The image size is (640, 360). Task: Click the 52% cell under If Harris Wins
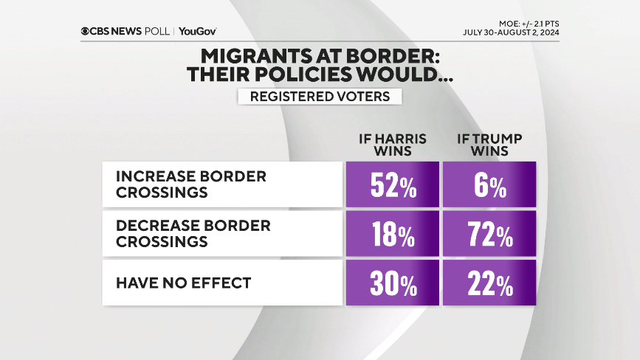(392, 184)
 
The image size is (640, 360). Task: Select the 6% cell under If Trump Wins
(489, 184)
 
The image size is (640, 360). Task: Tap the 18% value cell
(392, 234)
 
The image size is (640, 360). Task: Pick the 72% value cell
(489, 234)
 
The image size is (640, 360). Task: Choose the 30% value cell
(392, 283)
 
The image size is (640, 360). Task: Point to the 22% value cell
(489, 283)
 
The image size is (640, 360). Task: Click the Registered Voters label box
(320, 97)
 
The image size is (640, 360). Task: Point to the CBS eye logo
(87, 31)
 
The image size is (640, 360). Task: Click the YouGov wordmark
(197, 31)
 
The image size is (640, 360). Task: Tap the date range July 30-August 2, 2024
(510, 32)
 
